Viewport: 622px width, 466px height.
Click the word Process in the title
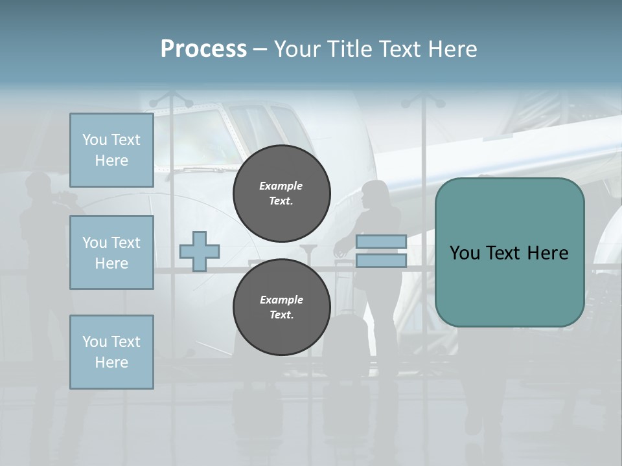point(203,49)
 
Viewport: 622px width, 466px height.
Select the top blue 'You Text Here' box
point(111,150)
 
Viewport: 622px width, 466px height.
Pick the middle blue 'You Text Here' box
point(111,252)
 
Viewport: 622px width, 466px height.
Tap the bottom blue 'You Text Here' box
point(111,351)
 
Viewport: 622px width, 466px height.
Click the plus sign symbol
point(199,251)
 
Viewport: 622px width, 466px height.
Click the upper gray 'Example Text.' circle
point(281,193)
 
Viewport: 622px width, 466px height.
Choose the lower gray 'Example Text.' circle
point(281,307)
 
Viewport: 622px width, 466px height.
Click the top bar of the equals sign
point(381,242)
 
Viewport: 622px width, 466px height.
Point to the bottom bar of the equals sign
point(381,260)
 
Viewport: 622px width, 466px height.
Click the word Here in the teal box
point(547,253)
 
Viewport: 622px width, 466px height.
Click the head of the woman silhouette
point(374,193)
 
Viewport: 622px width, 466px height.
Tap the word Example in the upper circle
point(281,186)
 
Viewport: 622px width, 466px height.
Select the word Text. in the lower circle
point(281,315)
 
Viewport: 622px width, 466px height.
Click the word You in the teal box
point(465,253)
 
